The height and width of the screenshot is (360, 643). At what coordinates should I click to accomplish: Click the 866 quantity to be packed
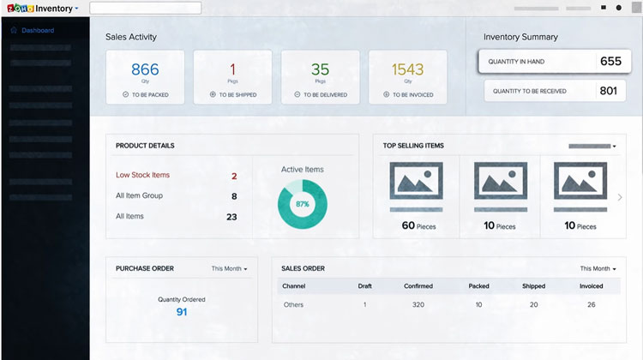[x=145, y=69]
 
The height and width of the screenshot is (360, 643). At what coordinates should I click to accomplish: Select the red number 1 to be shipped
[x=232, y=69]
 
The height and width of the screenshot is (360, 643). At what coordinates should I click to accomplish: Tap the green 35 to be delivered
[x=320, y=69]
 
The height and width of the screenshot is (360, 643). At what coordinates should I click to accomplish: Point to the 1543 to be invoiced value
[x=408, y=69]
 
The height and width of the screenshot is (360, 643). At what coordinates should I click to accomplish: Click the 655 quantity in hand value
[x=610, y=62]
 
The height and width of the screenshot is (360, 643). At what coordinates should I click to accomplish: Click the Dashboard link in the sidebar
[x=38, y=31]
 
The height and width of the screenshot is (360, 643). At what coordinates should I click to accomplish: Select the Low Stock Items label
[x=142, y=175]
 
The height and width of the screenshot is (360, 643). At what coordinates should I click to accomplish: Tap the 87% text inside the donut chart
[x=302, y=204]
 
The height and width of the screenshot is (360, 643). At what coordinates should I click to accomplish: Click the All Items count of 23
[x=231, y=217]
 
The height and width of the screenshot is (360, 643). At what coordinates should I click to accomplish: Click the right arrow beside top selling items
[x=620, y=197]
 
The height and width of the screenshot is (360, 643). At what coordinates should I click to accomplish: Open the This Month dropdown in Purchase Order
[x=229, y=269]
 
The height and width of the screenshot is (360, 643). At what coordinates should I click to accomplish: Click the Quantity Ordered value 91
[x=182, y=312]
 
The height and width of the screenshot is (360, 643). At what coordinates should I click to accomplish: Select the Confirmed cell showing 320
[x=418, y=304]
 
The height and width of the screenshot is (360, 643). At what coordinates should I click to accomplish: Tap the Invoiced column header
[x=591, y=286]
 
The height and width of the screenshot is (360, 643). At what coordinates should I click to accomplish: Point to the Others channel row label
[x=293, y=304]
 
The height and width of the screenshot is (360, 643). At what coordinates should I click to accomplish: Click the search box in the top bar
[x=145, y=8]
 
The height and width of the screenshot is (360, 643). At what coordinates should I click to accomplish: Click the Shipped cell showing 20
[x=533, y=304]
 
